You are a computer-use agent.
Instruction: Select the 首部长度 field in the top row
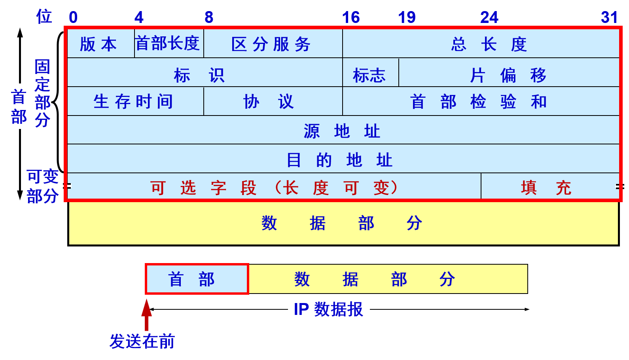[169, 44]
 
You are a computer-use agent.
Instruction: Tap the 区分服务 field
[272, 44]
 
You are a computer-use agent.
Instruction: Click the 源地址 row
[343, 131]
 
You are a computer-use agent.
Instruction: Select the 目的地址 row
[343, 159]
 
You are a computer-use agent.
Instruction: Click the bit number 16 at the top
[351, 17]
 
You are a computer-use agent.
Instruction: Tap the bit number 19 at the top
[407, 17]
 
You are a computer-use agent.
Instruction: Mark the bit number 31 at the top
[609, 17]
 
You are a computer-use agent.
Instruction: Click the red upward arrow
[147, 315]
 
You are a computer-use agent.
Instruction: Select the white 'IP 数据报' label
[329, 309]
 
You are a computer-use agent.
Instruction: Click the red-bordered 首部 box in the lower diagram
[197, 279]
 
